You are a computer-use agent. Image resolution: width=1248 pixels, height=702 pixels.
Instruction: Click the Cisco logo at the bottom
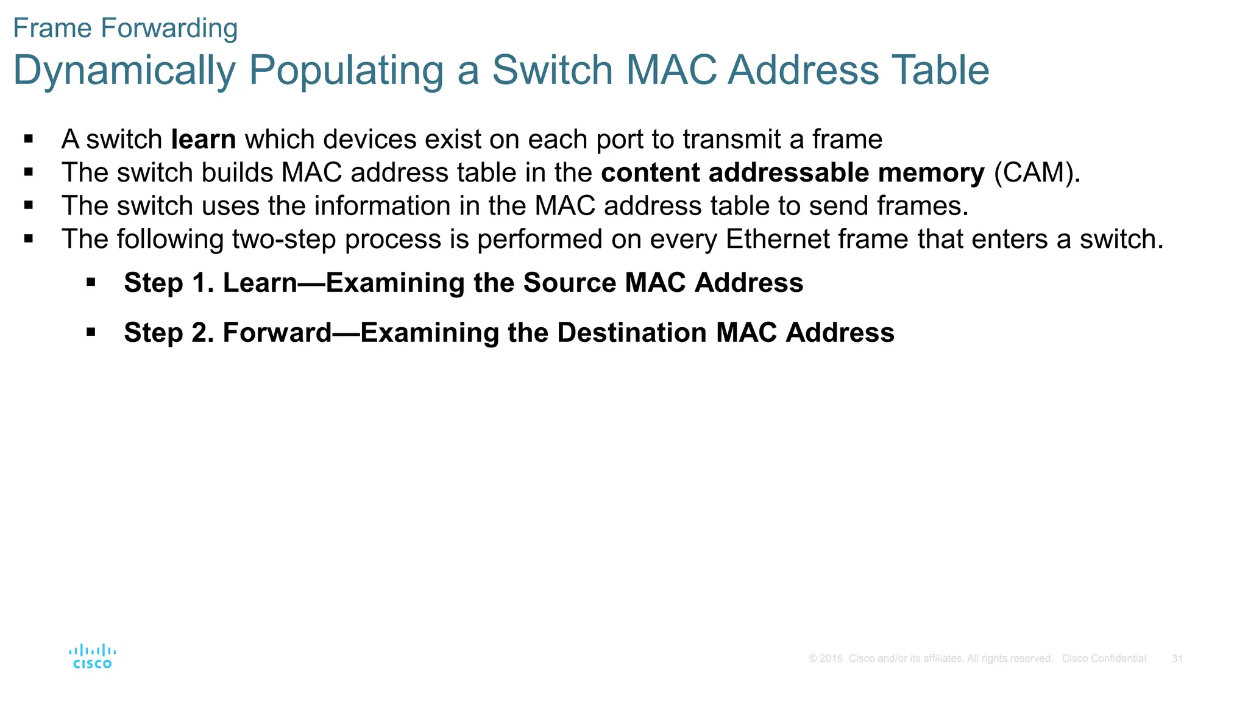point(92,656)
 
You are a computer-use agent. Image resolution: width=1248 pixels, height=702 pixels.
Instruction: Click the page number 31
point(1177,659)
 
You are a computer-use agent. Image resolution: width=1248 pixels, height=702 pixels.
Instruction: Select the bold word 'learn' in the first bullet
point(204,140)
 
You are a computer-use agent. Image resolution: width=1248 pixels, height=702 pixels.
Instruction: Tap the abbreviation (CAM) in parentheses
point(1037,173)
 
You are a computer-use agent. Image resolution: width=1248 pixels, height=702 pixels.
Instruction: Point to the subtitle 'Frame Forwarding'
point(126,28)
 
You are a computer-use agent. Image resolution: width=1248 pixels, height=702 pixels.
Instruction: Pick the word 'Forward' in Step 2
point(277,333)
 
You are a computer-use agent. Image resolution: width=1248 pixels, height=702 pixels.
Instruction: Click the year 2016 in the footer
point(831,659)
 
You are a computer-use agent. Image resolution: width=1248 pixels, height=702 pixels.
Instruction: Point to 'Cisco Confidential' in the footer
point(1104,659)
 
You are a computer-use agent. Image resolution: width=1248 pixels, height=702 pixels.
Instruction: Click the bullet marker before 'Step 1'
point(91,282)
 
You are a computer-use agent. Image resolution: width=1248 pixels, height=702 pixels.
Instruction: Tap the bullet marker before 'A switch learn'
point(29,139)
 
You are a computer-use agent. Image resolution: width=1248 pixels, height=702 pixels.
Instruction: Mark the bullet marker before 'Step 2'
point(91,332)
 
